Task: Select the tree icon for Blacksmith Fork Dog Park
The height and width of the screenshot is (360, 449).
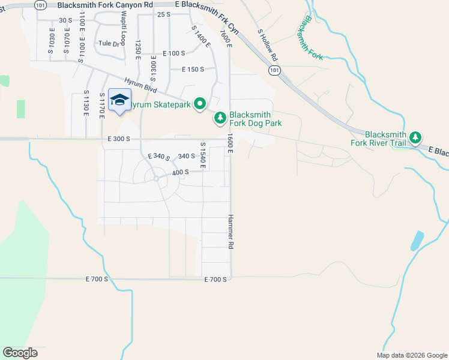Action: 220,118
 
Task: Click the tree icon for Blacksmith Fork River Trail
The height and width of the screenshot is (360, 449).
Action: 415,139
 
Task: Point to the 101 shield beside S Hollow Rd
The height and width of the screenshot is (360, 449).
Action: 274,71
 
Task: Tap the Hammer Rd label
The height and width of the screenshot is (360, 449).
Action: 230,232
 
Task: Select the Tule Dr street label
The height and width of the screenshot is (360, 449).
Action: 109,43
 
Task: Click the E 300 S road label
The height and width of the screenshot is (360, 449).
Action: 119,139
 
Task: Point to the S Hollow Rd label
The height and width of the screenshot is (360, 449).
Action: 267,45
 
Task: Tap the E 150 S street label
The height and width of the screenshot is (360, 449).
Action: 193,69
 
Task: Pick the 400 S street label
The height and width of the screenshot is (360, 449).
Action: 180,172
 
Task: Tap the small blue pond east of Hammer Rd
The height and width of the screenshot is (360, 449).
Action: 416,241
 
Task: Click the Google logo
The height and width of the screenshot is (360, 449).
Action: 20,353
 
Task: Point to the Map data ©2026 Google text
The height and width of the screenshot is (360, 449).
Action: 411,355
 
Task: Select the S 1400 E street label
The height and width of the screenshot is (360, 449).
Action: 200,36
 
